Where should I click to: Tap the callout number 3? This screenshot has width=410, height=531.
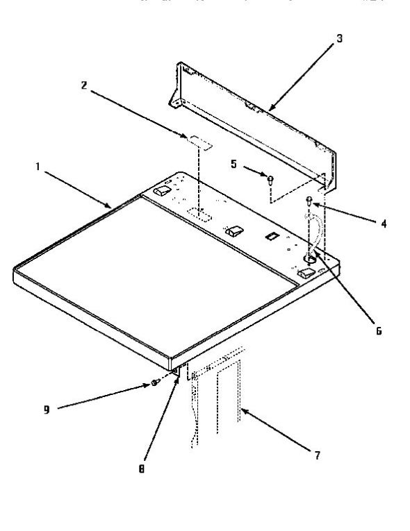point(338,37)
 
